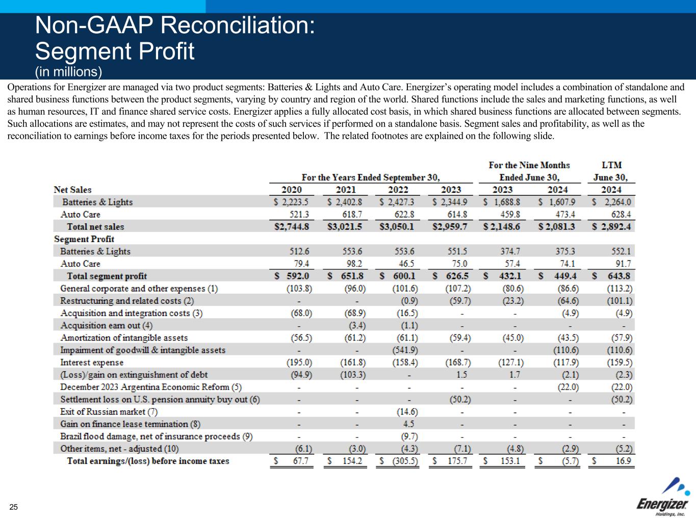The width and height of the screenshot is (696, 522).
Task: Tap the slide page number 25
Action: pos(13,507)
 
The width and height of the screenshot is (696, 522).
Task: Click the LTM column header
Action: pos(611,165)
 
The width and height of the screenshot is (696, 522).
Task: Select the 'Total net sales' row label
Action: pos(95,227)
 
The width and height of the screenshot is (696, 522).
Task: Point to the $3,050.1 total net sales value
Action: pos(397,227)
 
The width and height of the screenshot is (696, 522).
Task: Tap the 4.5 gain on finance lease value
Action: pos(408,424)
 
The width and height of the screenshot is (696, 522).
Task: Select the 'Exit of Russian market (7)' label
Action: pos(109,412)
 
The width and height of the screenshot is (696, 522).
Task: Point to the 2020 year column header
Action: pos(291,190)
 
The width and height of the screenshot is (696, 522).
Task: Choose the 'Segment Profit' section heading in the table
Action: pos(84,239)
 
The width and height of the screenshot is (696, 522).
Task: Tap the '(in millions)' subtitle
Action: pos(69,72)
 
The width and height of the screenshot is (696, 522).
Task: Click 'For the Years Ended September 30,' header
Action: pos(371,177)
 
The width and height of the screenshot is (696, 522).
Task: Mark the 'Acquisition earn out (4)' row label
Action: pos(107,325)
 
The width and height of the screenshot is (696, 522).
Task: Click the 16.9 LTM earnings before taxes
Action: pos(623,461)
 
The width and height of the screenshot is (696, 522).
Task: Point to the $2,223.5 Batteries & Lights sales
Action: pos(292,202)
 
